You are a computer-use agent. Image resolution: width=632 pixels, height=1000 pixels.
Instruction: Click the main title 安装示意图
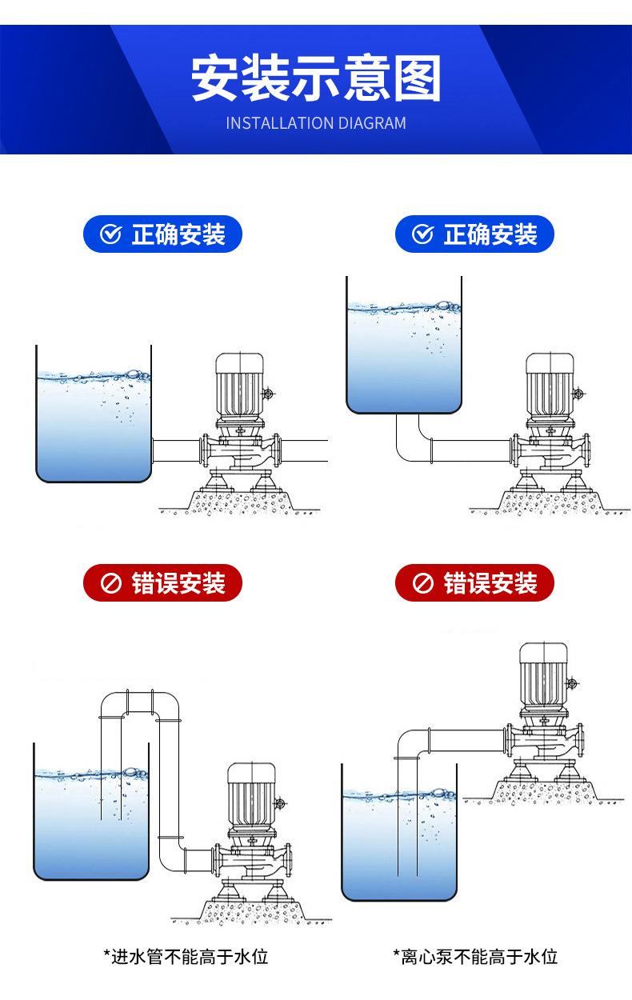click(x=316, y=78)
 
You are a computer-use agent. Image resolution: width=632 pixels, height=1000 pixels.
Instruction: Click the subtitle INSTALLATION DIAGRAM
click(x=316, y=123)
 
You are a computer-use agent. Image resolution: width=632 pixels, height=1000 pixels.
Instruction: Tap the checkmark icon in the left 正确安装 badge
click(x=110, y=234)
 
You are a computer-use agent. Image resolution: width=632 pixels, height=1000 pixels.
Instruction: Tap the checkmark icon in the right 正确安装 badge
click(x=422, y=234)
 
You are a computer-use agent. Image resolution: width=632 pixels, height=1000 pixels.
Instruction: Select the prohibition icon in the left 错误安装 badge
click(x=110, y=582)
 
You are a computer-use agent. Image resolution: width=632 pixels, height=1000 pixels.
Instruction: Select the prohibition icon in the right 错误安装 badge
click(x=422, y=582)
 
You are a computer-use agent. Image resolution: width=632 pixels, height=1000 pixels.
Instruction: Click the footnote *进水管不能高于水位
click(x=186, y=957)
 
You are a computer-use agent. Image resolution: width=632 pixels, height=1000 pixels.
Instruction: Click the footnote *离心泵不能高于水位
click(x=475, y=957)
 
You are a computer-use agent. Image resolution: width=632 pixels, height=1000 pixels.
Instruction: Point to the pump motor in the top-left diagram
click(x=239, y=386)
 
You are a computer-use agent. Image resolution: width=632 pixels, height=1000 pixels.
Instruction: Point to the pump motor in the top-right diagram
click(x=550, y=386)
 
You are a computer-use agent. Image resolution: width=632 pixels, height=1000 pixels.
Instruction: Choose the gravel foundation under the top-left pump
click(x=241, y=502)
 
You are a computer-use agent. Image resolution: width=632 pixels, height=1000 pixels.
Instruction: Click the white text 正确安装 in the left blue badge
click(x=178, y=234)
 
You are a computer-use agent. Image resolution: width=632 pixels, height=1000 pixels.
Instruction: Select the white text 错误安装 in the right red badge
click(x=490, y=582)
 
